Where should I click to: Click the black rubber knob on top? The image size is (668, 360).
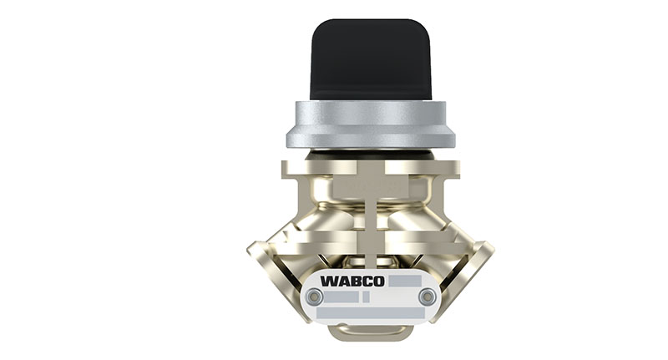point(370,59)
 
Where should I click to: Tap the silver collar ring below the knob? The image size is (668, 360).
point(371,124)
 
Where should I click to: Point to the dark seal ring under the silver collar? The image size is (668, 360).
point(370,154)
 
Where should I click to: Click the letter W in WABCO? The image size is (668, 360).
point(329,281)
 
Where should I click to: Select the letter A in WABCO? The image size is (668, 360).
point(343,281)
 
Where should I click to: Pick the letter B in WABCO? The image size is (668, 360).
point(355,281)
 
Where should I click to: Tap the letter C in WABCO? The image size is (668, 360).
point(366,281)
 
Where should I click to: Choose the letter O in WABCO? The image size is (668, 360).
point(378,281)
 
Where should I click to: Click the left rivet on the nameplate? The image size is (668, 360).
point(315,296)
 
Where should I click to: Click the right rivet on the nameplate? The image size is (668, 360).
point(427,297)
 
